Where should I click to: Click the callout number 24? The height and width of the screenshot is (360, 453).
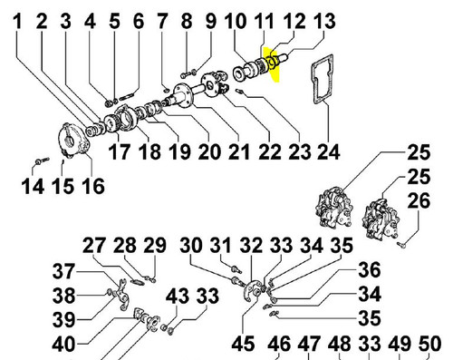(329, 151)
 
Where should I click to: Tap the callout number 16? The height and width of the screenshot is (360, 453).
(93, 186)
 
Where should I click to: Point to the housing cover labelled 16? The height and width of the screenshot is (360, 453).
(73, 141)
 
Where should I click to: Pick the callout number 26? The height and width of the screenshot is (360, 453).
(419, 200)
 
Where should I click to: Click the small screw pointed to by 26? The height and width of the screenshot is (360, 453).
(401, 244)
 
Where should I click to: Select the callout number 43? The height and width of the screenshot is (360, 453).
(178, 296)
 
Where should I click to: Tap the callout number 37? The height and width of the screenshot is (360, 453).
(63, 271)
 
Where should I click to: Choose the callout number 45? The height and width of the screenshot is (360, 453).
(243, 344)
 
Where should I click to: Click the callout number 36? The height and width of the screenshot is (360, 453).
(370, 270)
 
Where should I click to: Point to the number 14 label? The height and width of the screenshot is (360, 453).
(33, 186)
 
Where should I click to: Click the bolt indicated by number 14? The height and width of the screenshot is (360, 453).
(42, 161)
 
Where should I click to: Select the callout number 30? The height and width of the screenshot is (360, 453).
(191, 245)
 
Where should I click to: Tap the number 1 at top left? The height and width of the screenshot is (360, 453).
(18, 22)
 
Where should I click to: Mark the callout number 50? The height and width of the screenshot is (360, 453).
(430, 344)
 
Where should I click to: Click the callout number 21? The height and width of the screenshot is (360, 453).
(239, 151)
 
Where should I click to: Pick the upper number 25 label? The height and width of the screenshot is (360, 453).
(419, 152)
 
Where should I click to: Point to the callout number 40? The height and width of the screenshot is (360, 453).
(63, 345)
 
